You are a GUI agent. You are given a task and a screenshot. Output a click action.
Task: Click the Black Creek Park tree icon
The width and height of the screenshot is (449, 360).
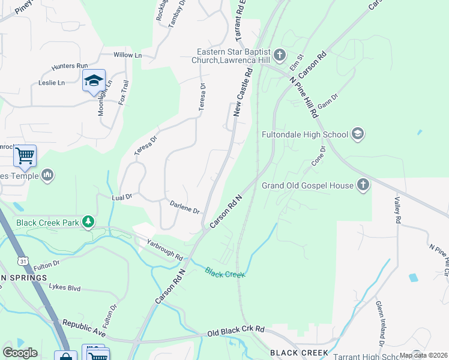[x=89, y=223]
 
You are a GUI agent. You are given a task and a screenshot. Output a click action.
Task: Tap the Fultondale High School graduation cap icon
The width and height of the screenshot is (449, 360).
[x=358, y=133]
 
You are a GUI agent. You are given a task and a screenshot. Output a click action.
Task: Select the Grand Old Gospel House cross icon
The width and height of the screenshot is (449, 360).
[x=363, y=185]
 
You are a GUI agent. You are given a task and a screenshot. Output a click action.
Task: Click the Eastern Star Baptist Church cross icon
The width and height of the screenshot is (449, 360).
[x=280, y=56]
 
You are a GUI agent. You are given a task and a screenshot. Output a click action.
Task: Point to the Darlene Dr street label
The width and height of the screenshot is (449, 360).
[x=184, y=208]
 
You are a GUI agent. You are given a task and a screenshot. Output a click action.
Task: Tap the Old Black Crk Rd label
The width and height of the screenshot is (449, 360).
[x=236, y=330]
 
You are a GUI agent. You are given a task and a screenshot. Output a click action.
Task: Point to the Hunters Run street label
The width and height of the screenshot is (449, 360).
[x=70, y=65]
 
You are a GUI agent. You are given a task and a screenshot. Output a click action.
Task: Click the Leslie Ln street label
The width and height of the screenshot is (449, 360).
[x=52, y=83]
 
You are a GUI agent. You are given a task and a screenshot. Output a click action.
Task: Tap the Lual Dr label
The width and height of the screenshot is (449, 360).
[x=121, y=196]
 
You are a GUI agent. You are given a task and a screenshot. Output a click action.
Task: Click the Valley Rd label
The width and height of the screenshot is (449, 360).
[x=397, y=211]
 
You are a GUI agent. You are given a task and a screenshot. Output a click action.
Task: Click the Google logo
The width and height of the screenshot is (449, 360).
[x=20, y=353]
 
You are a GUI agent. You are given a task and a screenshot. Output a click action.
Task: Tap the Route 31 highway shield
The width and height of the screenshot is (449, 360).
[x=23, y=261]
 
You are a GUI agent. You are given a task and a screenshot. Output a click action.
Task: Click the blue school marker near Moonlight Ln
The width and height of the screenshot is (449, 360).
[x=94, y=82]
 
